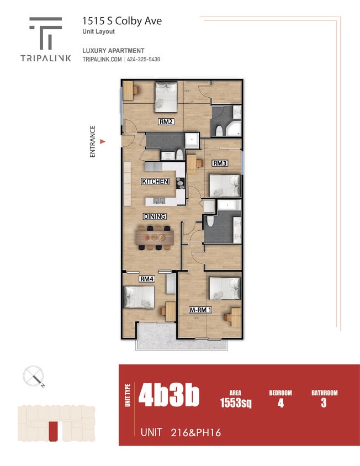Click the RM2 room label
(165, 122)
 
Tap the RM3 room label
(220, 163)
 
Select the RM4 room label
(146, 279)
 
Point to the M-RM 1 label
(201, 310)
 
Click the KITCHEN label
(155, 181)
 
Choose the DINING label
(155, 216)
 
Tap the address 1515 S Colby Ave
(122, 21)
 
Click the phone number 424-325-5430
(142, 59)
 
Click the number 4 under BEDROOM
(280, 403)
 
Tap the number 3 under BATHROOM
(324, 403)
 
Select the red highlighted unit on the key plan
(53, 431)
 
